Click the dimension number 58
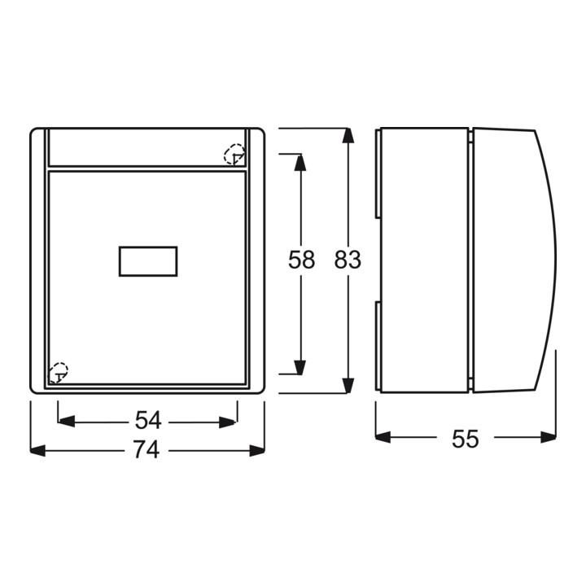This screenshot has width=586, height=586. [301, 260]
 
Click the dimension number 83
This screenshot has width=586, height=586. [348, 260]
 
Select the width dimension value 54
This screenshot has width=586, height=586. [148, 420]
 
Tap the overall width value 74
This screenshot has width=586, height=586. [146, 449]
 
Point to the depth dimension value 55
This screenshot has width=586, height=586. [466, 439]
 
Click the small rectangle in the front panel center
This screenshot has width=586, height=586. [148, 261]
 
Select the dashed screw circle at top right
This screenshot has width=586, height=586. [234, 154]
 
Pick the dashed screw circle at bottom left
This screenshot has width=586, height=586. [59, 372]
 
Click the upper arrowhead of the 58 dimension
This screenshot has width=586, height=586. [300, 163]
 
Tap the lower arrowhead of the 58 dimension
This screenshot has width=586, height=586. [300, 367]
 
